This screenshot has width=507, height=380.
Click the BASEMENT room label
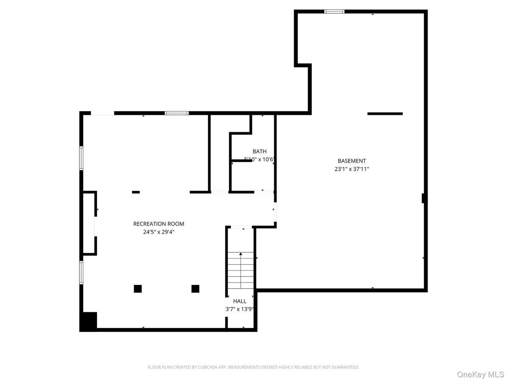click(x=351, y=161)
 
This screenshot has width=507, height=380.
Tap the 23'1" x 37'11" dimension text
click(x=351, y=168)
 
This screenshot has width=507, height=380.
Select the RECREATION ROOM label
click(x=158, y=224)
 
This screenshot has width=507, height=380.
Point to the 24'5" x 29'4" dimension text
click(x=158, y=232)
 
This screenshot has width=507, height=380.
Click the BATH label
click(x=259, y=152)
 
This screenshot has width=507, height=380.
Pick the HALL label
click(x=240, y=301)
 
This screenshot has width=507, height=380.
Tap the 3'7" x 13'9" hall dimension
click(x=240, y=309)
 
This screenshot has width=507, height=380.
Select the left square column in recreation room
click(x=138, y=289)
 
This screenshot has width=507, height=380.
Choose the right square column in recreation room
click(x=195, y=289)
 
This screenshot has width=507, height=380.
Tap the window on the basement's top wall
click(x=334, y=11)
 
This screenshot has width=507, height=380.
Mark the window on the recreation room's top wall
click(x=176, y=113)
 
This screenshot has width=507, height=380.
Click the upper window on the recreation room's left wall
click(x=81, y=158)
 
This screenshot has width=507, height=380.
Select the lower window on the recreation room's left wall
click(x=81, y=273)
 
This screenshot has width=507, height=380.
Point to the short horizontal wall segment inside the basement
click(x=385, y=113)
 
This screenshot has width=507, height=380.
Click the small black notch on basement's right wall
click(x=424, y=199)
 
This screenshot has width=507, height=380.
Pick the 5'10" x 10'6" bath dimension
click(x=259, y=160)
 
